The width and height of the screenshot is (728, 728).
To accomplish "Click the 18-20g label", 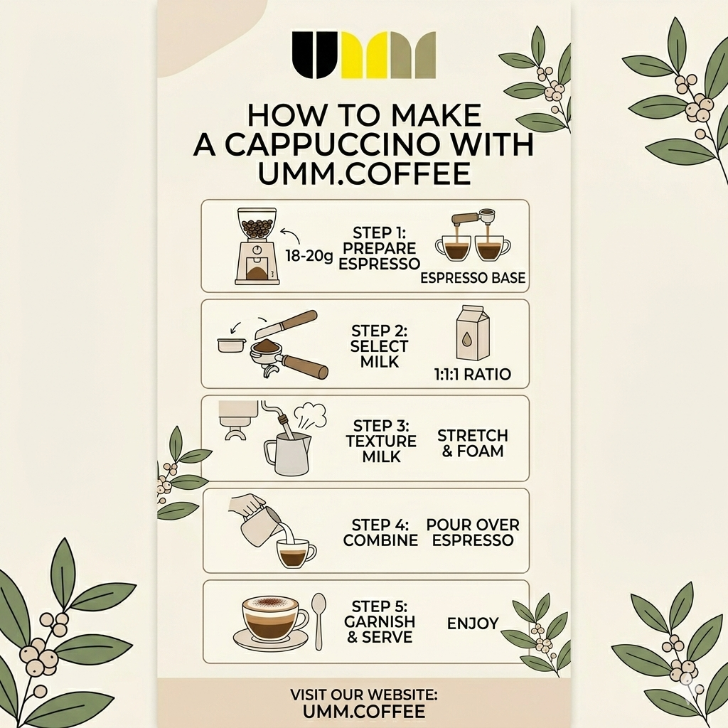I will tap(309, 256).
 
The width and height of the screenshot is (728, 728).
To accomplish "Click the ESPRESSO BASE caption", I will tap(473, 278).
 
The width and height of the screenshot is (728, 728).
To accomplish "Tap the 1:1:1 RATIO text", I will tap(473, 374).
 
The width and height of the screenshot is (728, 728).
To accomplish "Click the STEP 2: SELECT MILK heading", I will tap(380, 347).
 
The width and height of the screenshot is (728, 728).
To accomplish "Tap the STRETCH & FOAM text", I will tap(473, 443).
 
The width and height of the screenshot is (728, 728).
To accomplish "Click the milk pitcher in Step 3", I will tap(288, 454).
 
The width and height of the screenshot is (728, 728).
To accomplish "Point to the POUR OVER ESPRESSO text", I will tap(473, 532).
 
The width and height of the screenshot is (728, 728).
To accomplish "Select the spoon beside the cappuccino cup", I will tap(319, 620).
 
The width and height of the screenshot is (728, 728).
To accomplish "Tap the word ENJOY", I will tap(473, 624).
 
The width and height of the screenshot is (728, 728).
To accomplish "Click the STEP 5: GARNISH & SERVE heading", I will tap(380, 622).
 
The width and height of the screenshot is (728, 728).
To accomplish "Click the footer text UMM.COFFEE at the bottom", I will tap(363, 711).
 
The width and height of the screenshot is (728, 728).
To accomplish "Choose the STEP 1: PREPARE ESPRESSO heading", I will tap(380, 248).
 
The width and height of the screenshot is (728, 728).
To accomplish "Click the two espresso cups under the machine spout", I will tap(473, 247).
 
